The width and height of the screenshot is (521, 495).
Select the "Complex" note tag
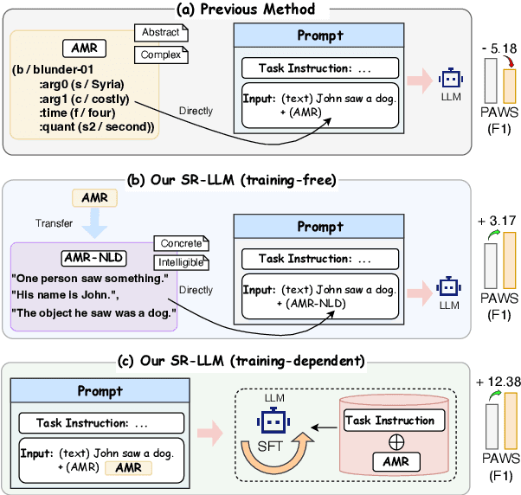(x=160, y=55)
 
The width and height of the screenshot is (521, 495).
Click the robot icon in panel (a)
(x=450, y=80)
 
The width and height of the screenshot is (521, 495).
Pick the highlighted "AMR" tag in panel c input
(x=126, y=467)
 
